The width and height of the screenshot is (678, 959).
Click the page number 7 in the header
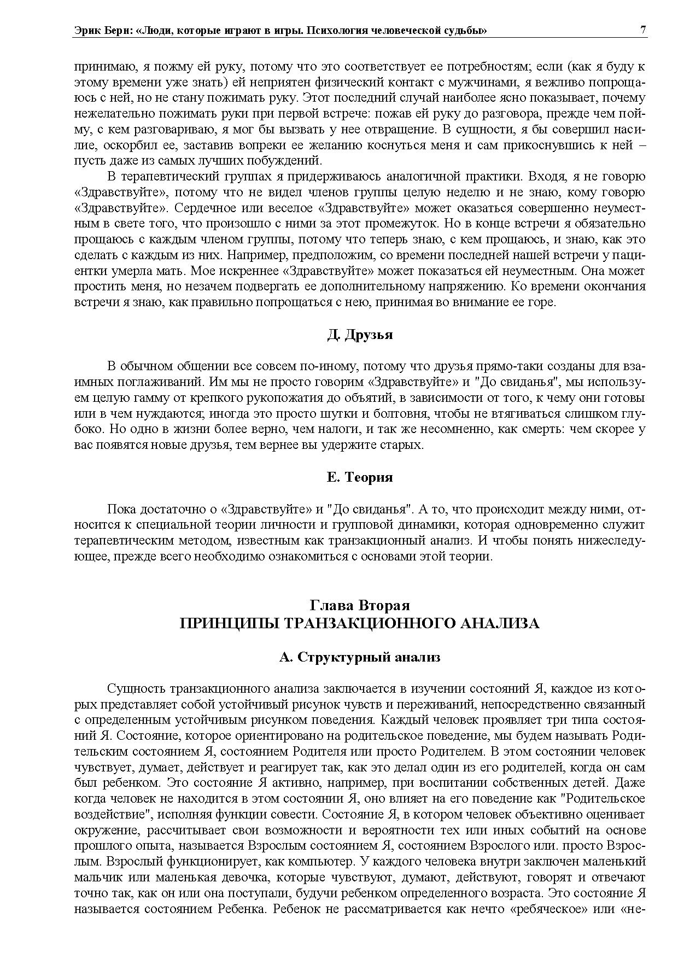[643, 31]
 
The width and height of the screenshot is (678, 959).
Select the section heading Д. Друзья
[360, 335]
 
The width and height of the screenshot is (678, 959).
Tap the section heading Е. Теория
[360, 477]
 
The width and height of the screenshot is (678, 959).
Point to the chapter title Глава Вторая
[360, 605]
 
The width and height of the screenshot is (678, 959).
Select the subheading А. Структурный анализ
[360, 657]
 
